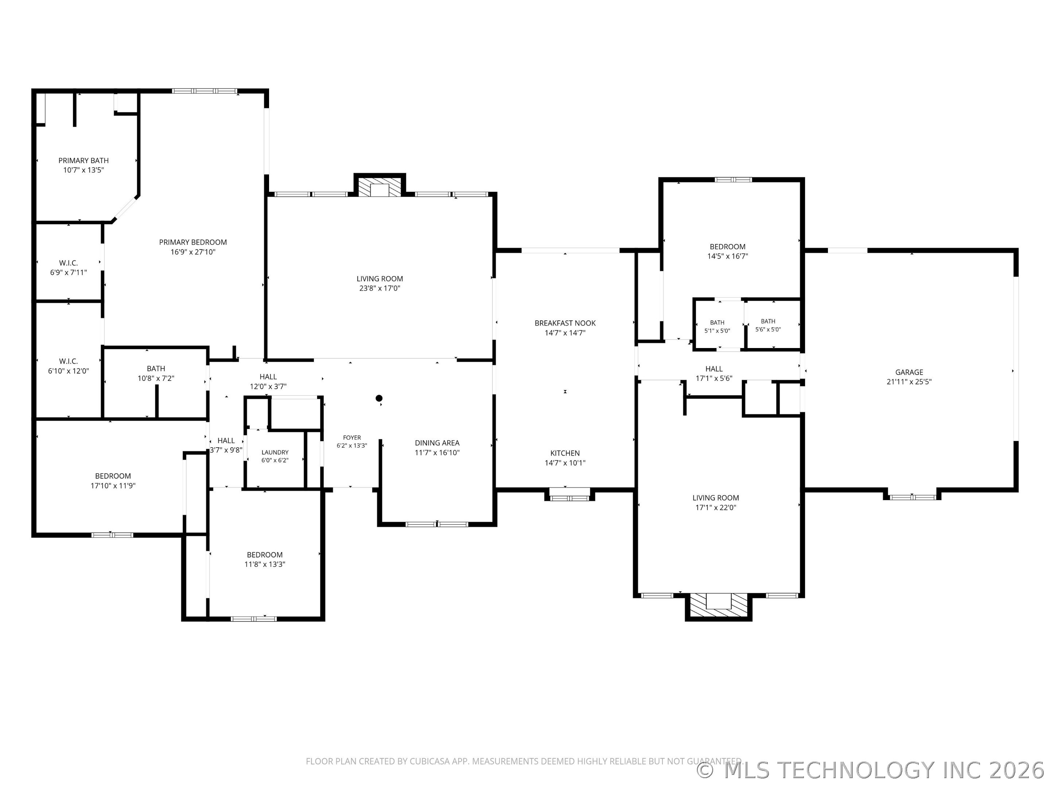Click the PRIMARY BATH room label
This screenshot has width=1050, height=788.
click(x=83, y=161)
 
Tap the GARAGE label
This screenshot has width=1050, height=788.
click(x=909, y=372)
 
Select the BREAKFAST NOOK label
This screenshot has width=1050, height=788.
click(x=565, y=323)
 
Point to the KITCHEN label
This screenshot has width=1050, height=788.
click(x=565, y=453)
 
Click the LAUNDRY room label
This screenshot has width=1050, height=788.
click(x=275, y=452)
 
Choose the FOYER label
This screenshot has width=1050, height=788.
click(x=352, y=437)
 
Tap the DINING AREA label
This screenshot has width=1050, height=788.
click(x=437, y=443)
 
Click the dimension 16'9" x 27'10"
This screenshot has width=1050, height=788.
click(x=193, y=252)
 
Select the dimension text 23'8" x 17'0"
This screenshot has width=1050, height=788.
click(x=380, y=288)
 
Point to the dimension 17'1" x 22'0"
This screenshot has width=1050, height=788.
click(x=715, y=507)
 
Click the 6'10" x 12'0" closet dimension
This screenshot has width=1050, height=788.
click(x=68, y=371)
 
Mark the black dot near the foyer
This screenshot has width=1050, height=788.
click(x=379, y=398)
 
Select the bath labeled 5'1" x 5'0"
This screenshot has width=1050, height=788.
click(x=718, y=325)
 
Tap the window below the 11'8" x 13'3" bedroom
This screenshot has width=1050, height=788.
click(x=253, y=618)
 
